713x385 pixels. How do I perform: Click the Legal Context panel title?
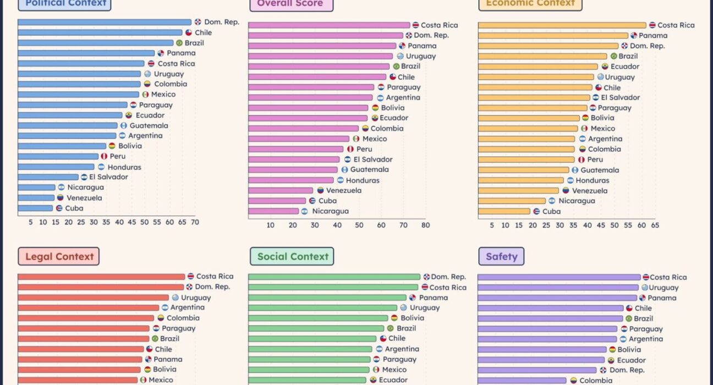click(59, 256)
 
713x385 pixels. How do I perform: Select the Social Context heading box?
click(292, 256)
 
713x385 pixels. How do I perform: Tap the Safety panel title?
click(501, 256)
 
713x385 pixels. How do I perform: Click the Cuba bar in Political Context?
click(35, 208)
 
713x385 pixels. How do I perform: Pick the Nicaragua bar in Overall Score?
click(273, 211)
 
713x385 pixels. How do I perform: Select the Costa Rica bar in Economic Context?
click(562, 25)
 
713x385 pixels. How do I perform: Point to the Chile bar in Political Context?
click(100, 32)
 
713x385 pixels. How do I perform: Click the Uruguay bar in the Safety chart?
click(558, 287)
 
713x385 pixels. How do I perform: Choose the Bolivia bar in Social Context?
click(318, 318)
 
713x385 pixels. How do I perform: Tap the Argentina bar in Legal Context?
click(89, 307)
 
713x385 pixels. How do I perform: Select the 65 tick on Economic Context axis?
click(655, 225)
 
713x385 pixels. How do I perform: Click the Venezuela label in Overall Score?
click(344, 190)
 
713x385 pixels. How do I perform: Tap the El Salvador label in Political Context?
click(108, 177)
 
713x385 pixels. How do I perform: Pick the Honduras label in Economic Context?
click(593, 180)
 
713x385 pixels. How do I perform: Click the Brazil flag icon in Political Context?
click(179, 43)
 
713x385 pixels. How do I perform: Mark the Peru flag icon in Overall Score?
click(350, 149)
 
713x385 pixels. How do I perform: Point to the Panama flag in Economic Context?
click(633, 36)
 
